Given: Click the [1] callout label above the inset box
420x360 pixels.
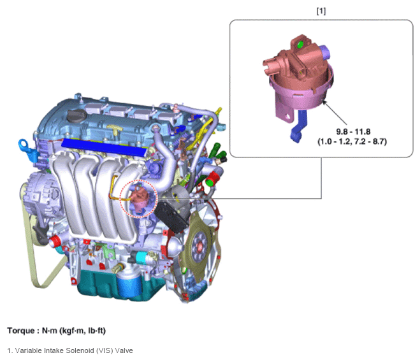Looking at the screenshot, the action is coord(321,11).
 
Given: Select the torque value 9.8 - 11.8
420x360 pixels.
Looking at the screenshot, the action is coord(353,131).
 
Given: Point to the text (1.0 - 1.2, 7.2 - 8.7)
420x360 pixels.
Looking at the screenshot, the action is coord(352,141).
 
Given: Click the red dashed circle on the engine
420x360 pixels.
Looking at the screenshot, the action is coord(120,199).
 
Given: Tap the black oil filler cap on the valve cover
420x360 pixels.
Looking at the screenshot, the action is coord(76,116).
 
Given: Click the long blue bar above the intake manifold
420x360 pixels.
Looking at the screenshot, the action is coord(104,147).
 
